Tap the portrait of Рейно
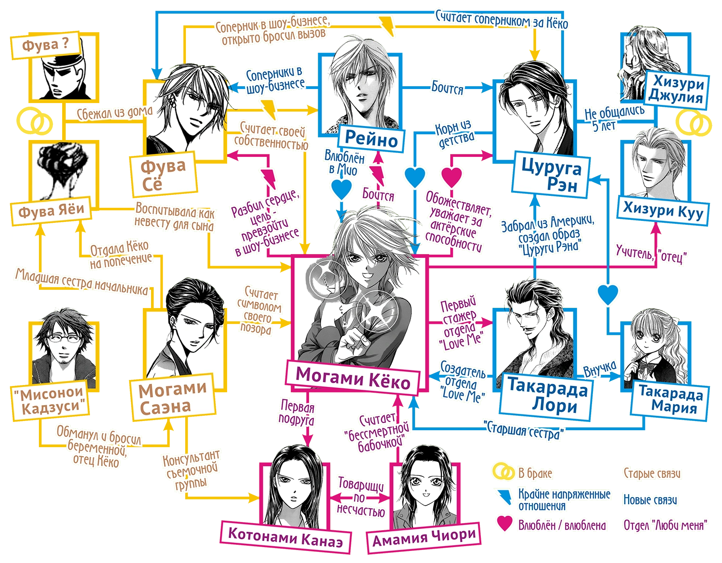click(359, 89)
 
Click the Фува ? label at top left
click(45, 46)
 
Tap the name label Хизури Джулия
click(675, 90)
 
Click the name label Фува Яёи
click(51, 210)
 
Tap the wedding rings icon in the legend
click(503, 472)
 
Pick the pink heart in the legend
click(504, 524)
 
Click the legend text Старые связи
click(652, 473)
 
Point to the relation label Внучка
click(599, 369)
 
